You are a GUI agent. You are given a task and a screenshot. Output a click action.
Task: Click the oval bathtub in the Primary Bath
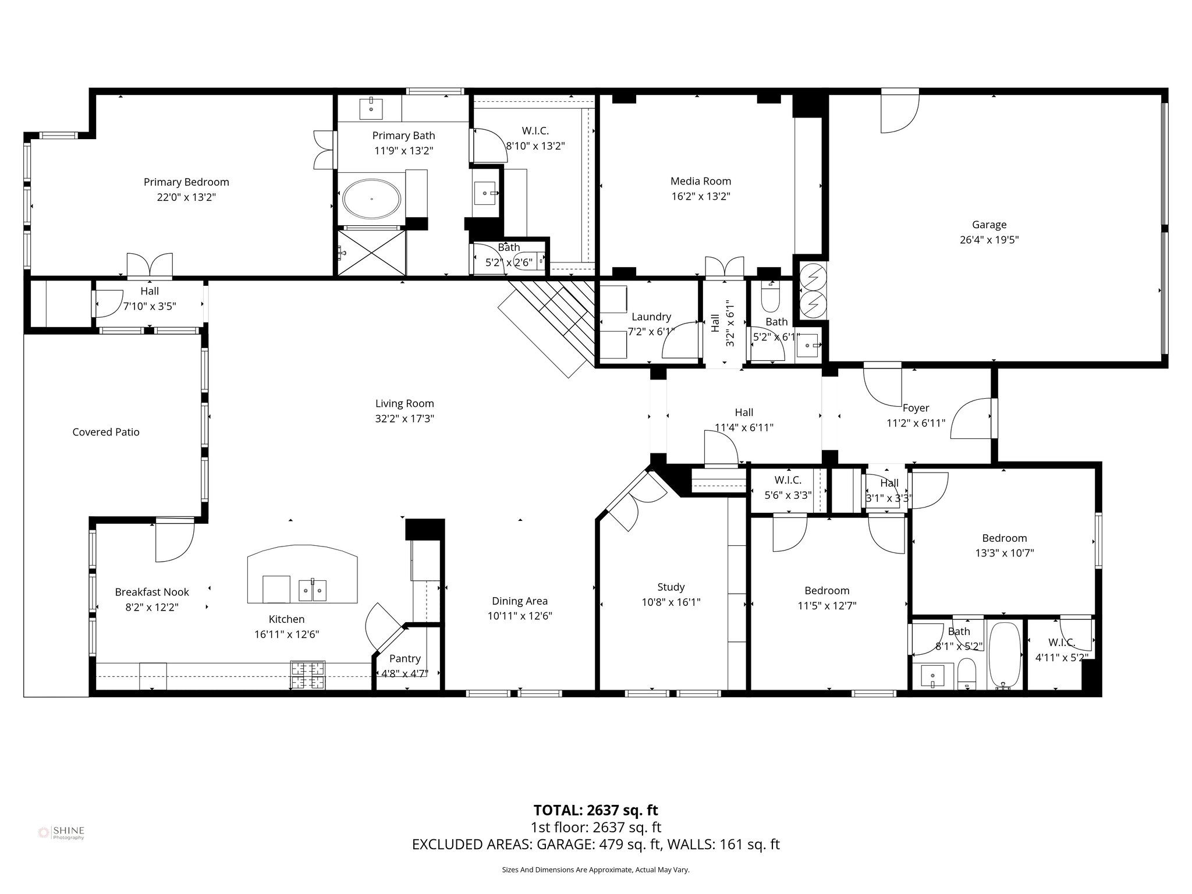[x=371, y=199]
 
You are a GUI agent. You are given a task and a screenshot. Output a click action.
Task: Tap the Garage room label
[x=989, y=225]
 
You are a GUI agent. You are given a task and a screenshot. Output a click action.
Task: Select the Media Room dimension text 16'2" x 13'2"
[x=700, y=197]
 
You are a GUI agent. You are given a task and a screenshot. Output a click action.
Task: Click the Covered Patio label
[x=106, y=432]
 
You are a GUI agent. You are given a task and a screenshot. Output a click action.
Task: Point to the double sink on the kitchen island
[x=313, y=590]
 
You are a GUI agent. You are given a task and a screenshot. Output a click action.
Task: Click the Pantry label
[x=405, y=658]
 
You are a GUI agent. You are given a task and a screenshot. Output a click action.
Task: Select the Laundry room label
[x=651, y=317]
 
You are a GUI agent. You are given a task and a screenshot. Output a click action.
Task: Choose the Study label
[x=670, y=587]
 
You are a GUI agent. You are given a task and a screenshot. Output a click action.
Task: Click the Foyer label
[x=916, y=408]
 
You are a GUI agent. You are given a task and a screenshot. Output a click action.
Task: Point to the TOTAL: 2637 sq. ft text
[x=595, y=810]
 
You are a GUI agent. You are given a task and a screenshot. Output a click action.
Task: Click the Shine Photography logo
[x=61, y=833]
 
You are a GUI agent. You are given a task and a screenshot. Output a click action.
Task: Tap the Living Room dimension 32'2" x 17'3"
[x=405, y=418]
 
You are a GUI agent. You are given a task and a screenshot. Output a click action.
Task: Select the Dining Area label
[x=519, y=601]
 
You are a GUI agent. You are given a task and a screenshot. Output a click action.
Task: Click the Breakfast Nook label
[x=152, y=592]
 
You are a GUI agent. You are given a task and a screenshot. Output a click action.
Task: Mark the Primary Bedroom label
[x=186, y=182]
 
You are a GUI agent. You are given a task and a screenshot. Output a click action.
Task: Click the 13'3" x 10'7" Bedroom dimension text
[x=1004, y=554]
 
